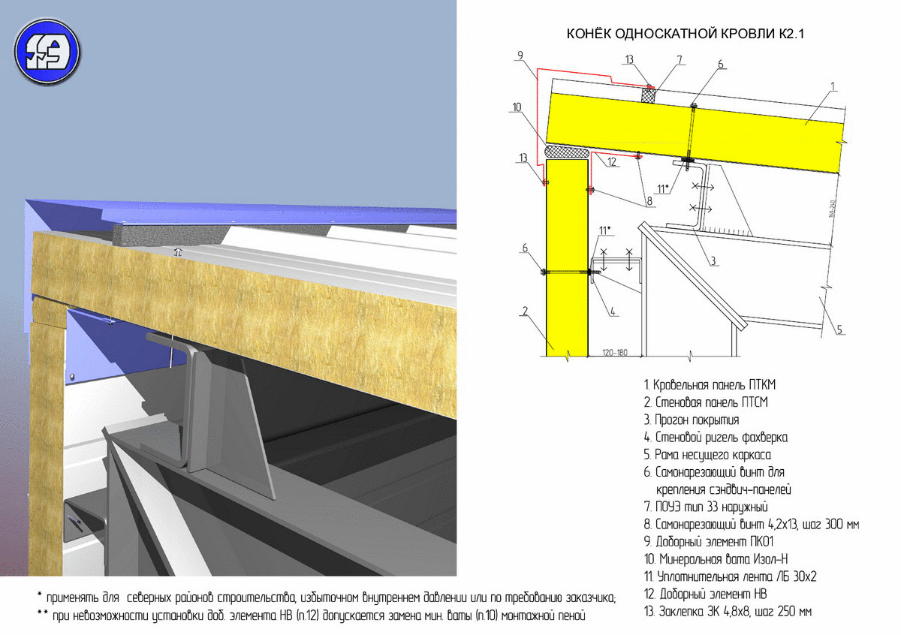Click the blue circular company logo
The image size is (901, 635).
tap(47, 52)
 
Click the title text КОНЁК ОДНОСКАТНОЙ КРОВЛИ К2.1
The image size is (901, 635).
tap(685, 34)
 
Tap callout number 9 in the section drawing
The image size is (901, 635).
tap(520, 56)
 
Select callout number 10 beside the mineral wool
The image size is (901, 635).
tap(517, 107)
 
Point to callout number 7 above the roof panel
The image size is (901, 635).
tap(680, 60)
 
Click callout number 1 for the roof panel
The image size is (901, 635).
tap(833, 86)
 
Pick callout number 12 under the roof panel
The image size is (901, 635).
tap(612, 162)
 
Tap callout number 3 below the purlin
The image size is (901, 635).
tap(713, 260)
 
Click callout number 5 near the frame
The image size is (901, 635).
tap(839, 330)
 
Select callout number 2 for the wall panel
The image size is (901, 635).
tap(525, 311)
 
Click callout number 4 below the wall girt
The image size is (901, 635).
tap(613, 311)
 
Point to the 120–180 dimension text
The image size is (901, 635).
tap(615, 353)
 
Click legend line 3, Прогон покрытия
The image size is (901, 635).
tap(691, 420)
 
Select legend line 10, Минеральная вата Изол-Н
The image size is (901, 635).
tap(716, 559)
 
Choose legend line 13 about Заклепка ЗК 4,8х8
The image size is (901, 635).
tap(728, 612)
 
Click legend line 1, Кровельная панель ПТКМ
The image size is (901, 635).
tap(709, 385)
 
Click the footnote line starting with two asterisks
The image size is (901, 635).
tap(311, 615)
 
